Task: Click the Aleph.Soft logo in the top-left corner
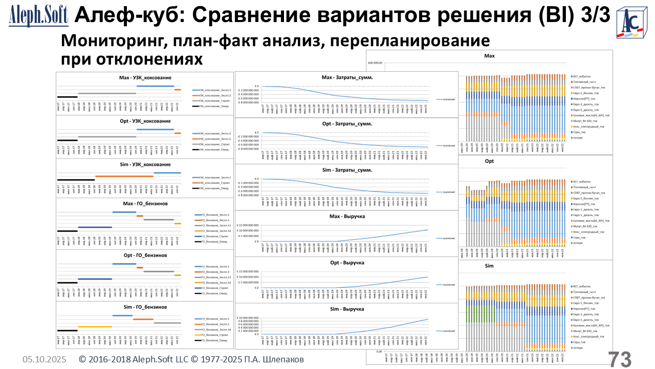coord(38,16)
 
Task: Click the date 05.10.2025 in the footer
coord(44,360)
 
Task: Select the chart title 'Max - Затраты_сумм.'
coord(347,77)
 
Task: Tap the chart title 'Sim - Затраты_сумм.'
coord(347,170)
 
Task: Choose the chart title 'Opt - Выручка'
coord(347,263)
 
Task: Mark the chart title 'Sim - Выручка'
coord(347,309)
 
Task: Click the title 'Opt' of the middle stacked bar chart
coord(489,161)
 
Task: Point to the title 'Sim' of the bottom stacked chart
coord(489,266)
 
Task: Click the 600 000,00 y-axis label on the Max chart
coord(375,63)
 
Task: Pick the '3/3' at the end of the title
coord(596,16)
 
